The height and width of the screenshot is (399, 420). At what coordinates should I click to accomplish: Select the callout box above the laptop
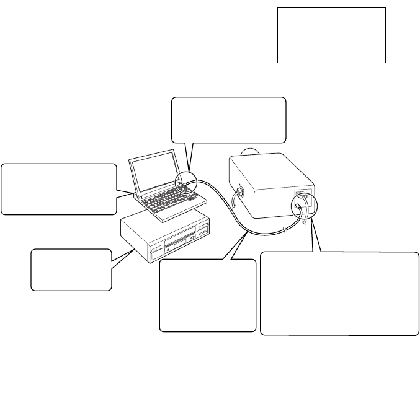[228, 120]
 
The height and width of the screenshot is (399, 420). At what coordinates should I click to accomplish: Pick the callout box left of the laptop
[58, 189]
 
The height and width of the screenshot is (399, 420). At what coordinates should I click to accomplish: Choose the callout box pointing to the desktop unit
[71, 270]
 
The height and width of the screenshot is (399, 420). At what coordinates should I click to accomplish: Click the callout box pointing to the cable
[207, 295]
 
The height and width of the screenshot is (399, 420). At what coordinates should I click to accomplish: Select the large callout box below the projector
[339, 293]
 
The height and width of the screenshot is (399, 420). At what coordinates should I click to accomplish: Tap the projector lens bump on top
[249, 151]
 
